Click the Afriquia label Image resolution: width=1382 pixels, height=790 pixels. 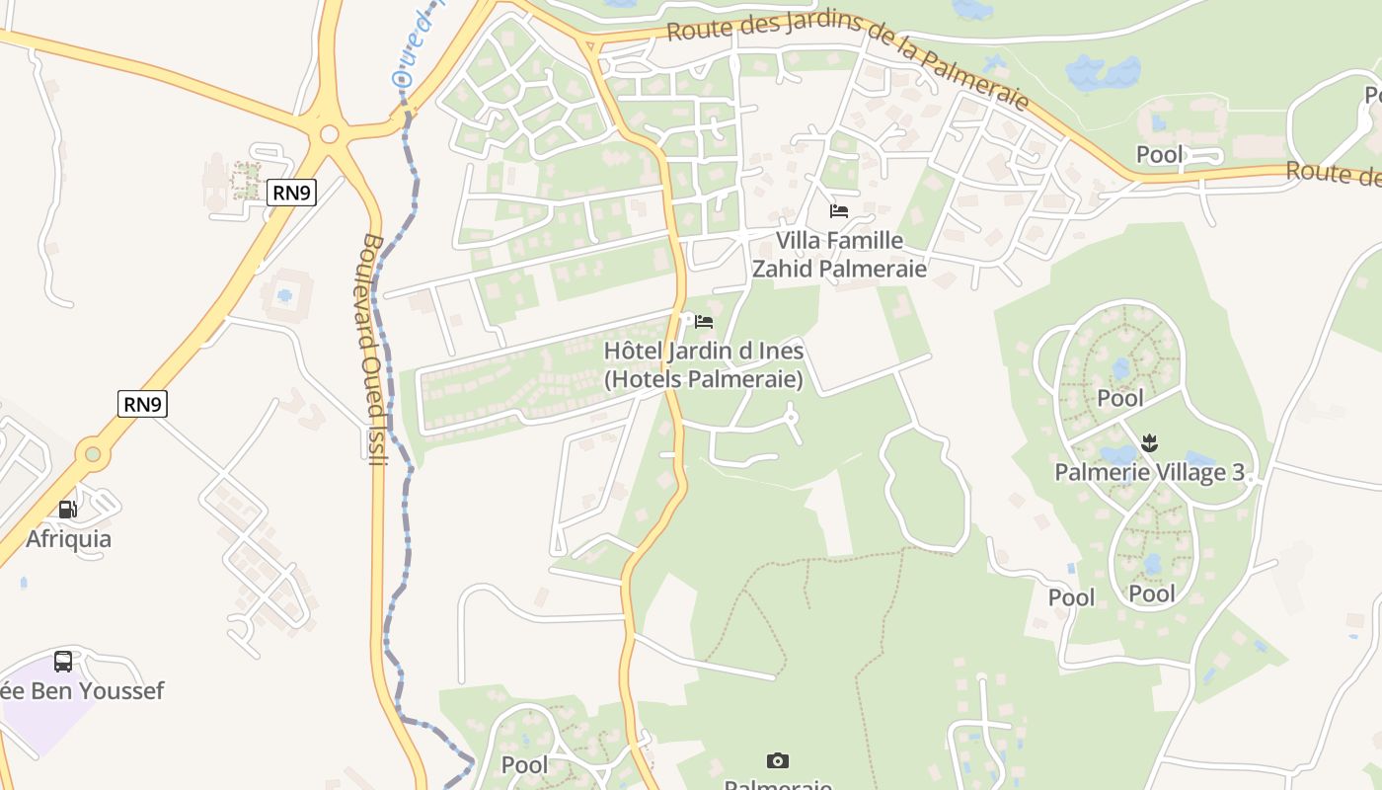click(x=68, y=539)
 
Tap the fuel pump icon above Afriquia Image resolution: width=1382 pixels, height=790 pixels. click(x=67, y=510)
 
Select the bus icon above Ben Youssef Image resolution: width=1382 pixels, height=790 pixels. click(x=63, y=661)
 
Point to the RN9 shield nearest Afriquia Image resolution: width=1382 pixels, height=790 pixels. click(x=142, y=404)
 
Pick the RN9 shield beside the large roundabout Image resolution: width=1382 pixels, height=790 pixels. click(x=291, y=193)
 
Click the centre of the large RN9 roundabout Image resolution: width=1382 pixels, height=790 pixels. click(x=330, y=134)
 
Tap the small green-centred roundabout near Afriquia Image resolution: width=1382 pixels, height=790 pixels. click(x=93, y=454)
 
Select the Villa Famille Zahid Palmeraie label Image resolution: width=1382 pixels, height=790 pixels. click(x=839, y=255)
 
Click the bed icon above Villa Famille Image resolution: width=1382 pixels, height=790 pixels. click(x=839, y=210)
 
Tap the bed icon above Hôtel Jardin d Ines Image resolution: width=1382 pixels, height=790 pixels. click(x=704, y=322)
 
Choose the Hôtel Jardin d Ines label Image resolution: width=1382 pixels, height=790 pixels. click(x=703, y=364)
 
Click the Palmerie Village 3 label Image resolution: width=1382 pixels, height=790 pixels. click(x=1149, y=472)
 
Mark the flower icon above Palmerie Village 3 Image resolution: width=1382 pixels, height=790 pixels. click(x=1149, y=441)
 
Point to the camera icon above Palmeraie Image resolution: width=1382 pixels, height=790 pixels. click(x=778, y=760)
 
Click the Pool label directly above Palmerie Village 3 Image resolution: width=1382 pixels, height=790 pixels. click(x=1120, y=398)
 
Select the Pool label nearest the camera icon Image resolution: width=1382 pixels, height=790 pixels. click(x=524, y=764)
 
